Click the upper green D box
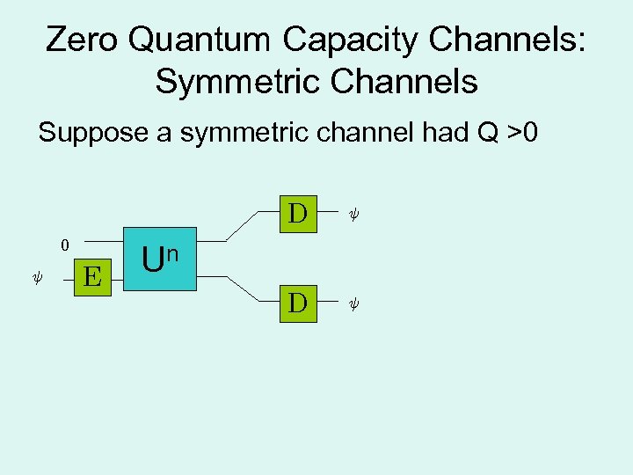(298, 214)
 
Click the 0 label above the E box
(64, 245)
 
